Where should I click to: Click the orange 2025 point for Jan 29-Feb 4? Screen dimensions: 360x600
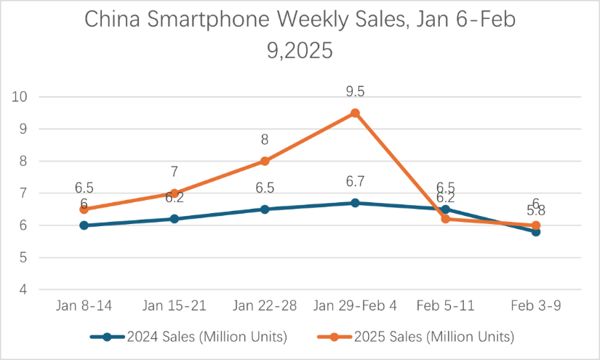[355, 113]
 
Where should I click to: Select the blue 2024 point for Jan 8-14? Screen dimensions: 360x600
[84, 225]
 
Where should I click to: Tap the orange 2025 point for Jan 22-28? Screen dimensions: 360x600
[265, 161]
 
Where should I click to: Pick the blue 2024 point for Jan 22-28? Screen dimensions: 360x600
[265, 209]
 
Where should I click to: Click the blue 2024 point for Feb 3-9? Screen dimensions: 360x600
[535, 231]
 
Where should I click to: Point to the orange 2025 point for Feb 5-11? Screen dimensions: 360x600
[445, 219]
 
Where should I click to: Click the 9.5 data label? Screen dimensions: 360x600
[355, 92]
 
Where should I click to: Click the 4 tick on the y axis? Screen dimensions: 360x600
[23, 289]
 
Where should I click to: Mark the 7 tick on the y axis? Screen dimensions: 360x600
[23, 193]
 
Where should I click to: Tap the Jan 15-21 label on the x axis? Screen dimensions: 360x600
[175, 305]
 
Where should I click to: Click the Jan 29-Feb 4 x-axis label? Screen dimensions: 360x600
[355, 305]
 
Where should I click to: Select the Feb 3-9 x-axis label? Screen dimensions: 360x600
[535, 305]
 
